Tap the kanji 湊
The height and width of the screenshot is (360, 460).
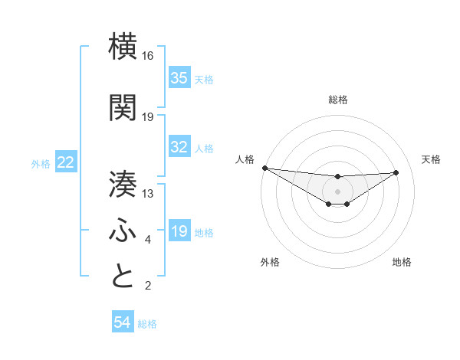point(123,183)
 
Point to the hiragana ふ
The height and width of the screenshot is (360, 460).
point(123,230)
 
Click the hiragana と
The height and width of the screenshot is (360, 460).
point(123,275)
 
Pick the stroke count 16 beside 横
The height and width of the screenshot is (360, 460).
point(148,56)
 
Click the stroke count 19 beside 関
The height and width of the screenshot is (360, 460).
point(148,117)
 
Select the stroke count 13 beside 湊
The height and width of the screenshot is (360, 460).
point(148,194)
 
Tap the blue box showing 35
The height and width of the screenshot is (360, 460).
point(179,78)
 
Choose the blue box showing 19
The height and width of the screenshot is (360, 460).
point(179,231)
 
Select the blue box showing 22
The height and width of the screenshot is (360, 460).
point(66,162)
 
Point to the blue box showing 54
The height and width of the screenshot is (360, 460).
point(122,323)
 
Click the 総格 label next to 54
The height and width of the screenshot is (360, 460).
point(147,324)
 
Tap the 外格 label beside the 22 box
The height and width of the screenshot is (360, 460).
point(41,163)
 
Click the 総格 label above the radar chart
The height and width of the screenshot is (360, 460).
point(337,100)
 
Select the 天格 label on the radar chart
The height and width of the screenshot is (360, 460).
point(432,159)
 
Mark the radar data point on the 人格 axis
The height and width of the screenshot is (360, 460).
point(264,168)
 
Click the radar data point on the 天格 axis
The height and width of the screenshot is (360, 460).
point(396,172)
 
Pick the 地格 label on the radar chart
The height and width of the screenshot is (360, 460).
point(402,262)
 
